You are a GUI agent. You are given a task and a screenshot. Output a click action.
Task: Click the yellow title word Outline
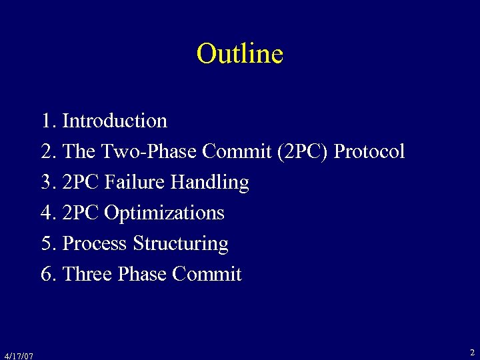coord(240,53)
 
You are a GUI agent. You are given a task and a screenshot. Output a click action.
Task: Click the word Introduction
coord(114,121)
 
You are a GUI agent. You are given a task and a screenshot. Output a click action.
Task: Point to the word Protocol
coord(369,152)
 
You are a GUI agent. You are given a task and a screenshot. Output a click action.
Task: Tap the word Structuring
coord(181,244)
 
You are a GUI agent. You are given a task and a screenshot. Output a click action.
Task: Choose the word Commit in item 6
coord(207,274)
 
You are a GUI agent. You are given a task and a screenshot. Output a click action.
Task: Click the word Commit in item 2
coord(236,152)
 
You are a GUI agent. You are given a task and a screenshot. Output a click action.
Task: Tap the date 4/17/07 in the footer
coord(18,355)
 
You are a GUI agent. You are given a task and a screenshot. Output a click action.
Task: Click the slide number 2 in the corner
coord(472,352)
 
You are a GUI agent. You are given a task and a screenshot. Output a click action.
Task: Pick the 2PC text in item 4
coord(81,213)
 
